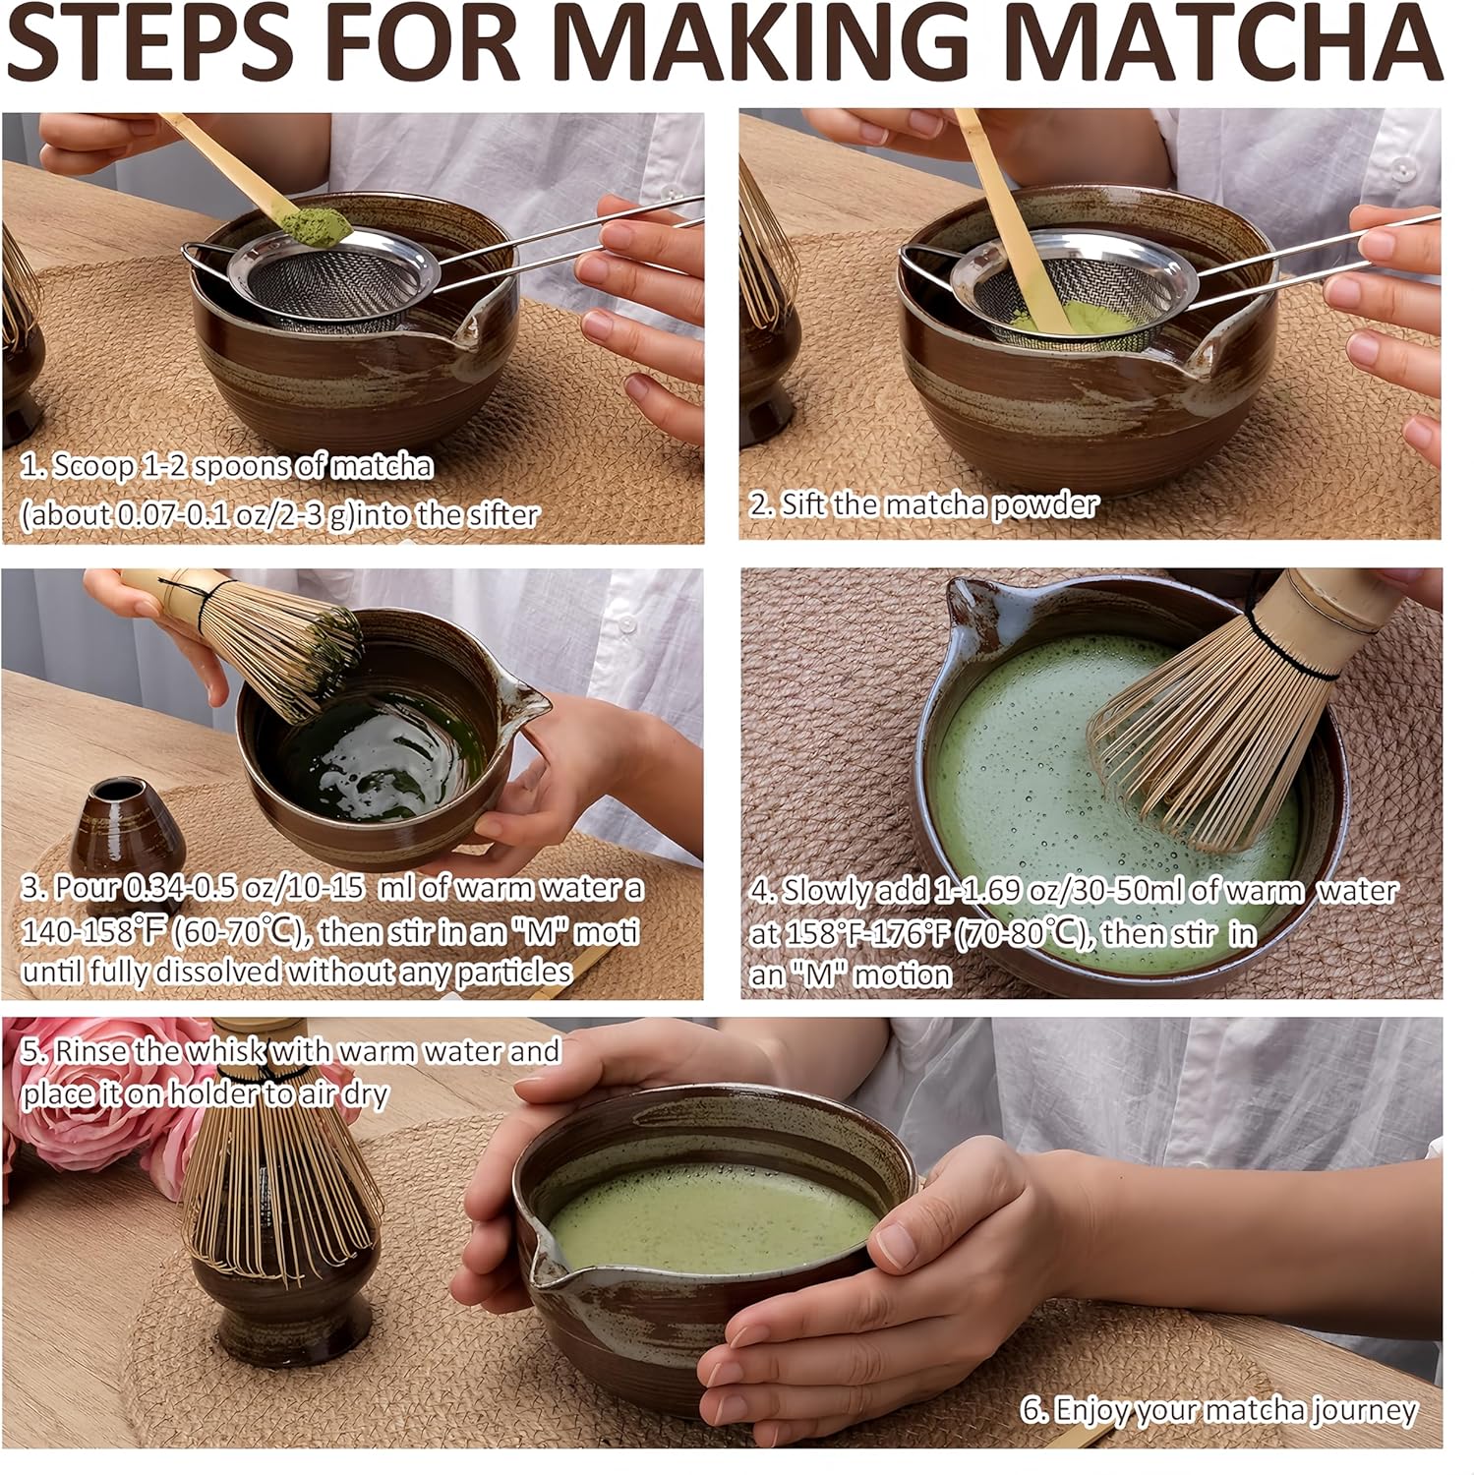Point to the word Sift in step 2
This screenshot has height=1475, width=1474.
[x=804, y=504]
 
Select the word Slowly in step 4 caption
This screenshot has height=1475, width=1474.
[x=826, y=891]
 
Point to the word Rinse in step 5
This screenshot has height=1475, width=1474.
[x=89, y=1050]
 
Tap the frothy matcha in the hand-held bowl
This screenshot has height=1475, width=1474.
[x=708, y=1219]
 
